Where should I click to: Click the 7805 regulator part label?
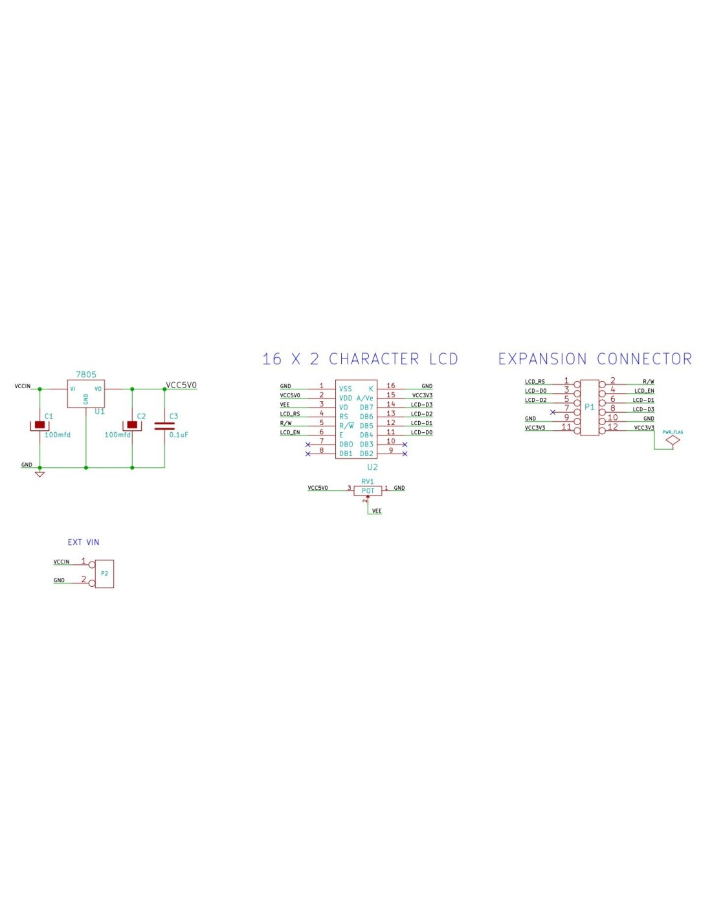[86, 375]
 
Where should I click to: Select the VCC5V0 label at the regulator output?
[181, 385]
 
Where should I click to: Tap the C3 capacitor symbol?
[164, 426]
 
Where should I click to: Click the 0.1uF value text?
[179, 435]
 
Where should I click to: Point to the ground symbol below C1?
[39, 474]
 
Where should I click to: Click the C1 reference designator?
[49, 416]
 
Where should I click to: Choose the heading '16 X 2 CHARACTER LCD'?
[360, 359]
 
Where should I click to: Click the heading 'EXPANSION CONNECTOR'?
[595, 359]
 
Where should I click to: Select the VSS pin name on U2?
[346, 389]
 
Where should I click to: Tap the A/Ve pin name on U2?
[365, 398]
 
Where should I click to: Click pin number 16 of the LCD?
[391, 386]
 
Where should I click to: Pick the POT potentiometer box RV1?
[368, 491]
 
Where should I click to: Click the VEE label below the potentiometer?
[377, 511]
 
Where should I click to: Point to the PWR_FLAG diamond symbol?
[673, 441]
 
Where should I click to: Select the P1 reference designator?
[589, 407]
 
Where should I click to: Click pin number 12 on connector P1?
[613, 427]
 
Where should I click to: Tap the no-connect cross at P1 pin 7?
[552, 412]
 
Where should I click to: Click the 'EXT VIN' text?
[83, 542]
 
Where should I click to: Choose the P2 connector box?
[104, 574]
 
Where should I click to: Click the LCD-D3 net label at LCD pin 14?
[421, 404]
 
